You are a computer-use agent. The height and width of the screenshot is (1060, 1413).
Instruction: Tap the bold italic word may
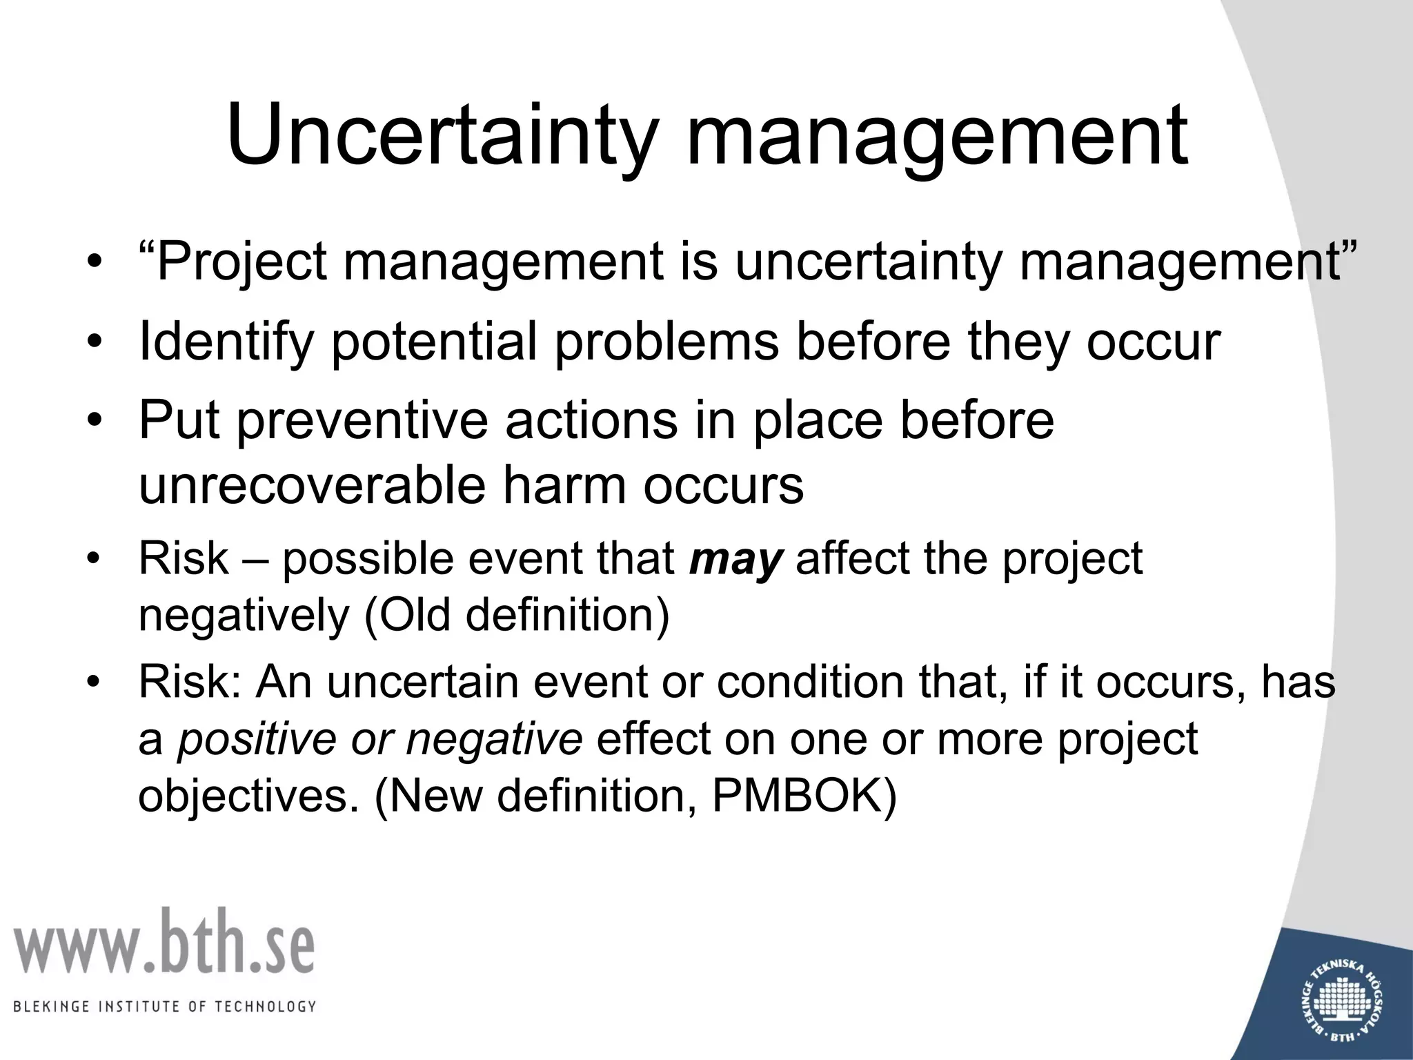click(735, 560)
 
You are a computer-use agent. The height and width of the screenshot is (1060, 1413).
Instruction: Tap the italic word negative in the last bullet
click(494, 739)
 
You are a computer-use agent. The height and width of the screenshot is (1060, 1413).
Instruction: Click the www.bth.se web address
click(164, 943)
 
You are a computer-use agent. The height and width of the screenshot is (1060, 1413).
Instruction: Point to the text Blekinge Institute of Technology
click(164, 1006)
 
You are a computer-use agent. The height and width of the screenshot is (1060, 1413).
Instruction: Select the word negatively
click(244, 616)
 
